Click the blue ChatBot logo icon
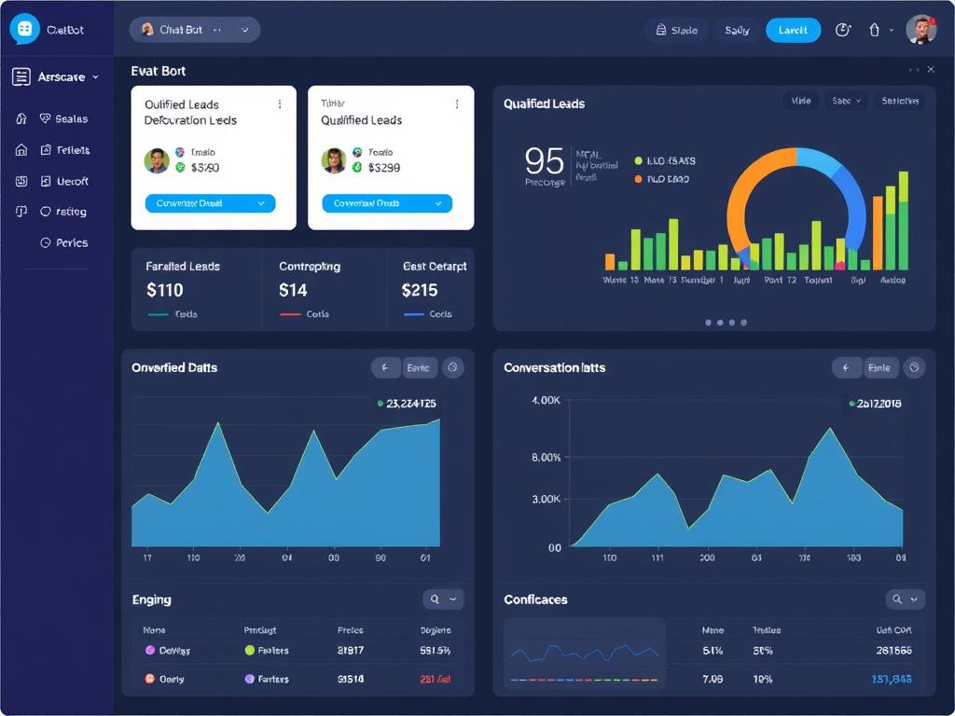click(25, 30)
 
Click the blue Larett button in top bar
click(793, 30)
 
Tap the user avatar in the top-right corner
click(920, 30)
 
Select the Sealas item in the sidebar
click(70, 118)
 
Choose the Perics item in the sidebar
click(71, 242)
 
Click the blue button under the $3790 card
click(210, 203)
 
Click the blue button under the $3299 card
click(387, 203)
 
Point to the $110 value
click(165, 290)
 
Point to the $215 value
click(420, 290)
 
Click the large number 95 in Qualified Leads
click(544, 161)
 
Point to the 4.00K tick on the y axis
click(546, 400)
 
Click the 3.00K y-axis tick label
click(546, 499)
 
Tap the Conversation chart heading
click(554, 367)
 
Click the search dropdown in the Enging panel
click(442, 599)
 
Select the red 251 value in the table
click(436, 680)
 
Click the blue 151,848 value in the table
click(892, 680)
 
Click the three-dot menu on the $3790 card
click(280, 104)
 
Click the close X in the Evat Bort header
click(931, 70)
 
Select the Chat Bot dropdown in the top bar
click(194, 30)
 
